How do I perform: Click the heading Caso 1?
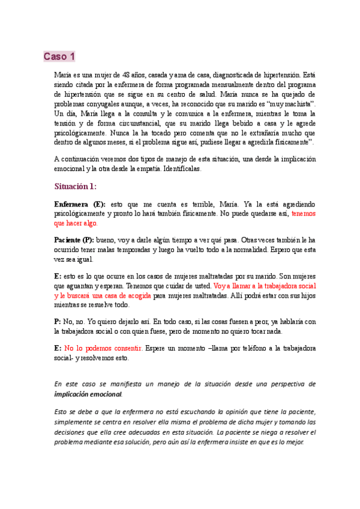[59, 57]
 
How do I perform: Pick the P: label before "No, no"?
[58, 322]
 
